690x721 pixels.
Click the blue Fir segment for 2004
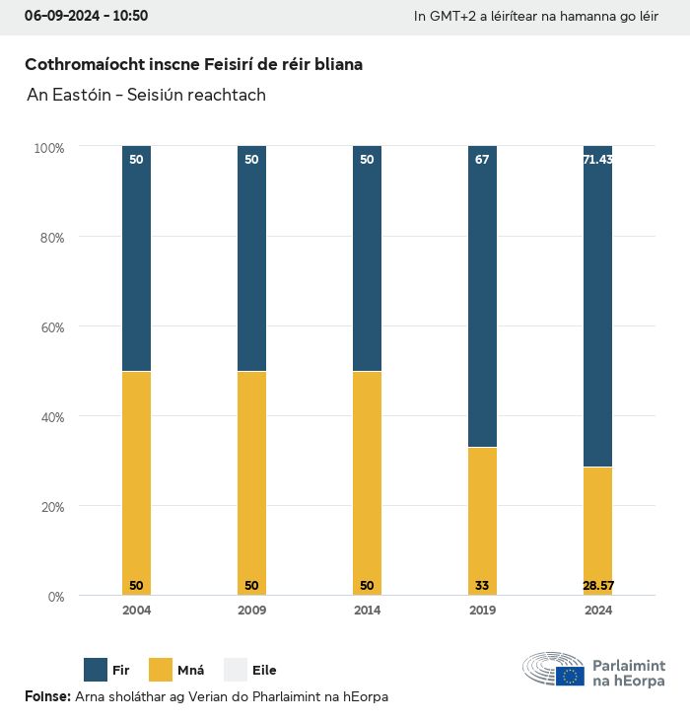pyautogui.click(x=136, y=258)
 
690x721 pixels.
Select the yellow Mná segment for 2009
pyautogui.click(x=251, y=483)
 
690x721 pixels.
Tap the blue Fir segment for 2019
pyautogui.click(x=482, y=296)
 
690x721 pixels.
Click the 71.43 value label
pyautogui.click(x=597, y=159)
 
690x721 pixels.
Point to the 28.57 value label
pyautogui.click(x=597, y=586)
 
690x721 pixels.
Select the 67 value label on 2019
pyautogui.click(x=482, y=159)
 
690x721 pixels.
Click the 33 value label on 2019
pyautogui.click(x=482, y=586)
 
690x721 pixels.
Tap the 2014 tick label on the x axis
pyautogui.click(x=367, y=611)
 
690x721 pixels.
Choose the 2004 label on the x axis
pyautogui.click(x=136, y=611)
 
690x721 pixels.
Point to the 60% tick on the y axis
pyautogui.click(x=50, y=326)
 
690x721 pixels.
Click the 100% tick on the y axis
pyautogui.click(x=48, y=148)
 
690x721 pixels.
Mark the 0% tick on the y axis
pyautogui.click(x=55, y=597)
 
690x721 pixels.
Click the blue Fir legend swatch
pyautogui.click(x=97, y=670)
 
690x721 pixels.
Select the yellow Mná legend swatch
pyautogui.click(x=161, y=670)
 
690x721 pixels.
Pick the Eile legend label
pyautogui.click(x=264, y=671)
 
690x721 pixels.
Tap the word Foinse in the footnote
pyautogui.click(x=46, y=696)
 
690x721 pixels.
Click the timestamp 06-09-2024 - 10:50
pyautogui.click(x=86, y=16)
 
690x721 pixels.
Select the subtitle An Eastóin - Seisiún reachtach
pyautogui.click(x=146, y=96)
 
